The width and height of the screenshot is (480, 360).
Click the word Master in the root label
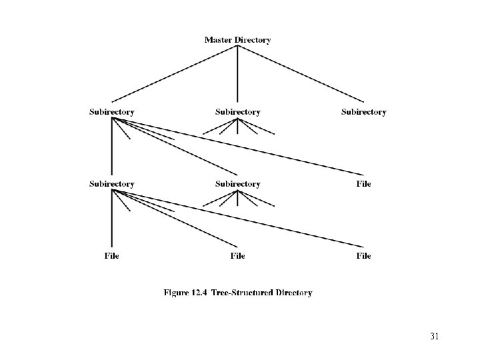point(219,40)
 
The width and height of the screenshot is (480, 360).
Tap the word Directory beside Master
point(253,40)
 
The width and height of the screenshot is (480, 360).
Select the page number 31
point(435,335)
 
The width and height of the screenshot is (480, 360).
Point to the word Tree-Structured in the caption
point(241,292)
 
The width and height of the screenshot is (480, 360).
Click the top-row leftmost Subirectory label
point(112,112)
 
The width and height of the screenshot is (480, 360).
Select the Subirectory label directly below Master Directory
point(238,112)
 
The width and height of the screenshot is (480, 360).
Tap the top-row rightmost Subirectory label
point(363,112)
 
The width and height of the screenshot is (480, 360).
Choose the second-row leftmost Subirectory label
point(112,183)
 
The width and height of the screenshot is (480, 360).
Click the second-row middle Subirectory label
point(238,183)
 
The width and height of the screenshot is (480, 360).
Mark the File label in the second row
point(363,183)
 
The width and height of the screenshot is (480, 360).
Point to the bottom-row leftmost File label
point(112,255)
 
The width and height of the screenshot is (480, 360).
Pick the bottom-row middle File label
point(238,255)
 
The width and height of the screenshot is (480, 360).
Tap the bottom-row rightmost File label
point(363,255)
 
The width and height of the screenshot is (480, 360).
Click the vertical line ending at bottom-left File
point(112,220)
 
